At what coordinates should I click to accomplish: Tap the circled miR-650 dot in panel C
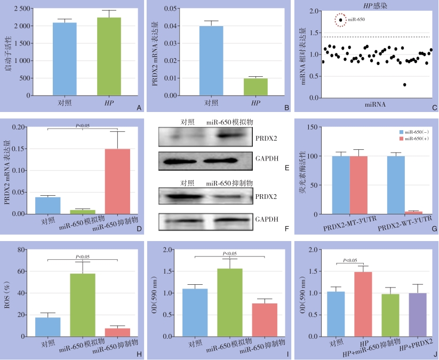pyautogui.click(x=340, y=20)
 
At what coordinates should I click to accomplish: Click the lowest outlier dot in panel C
pyautogui.click(x=404, y=85)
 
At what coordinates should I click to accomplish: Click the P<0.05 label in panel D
pyautogui.click(x=82, y=126)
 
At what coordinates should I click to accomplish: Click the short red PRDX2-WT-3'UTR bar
pyautogui.click(x=413, y=213)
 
